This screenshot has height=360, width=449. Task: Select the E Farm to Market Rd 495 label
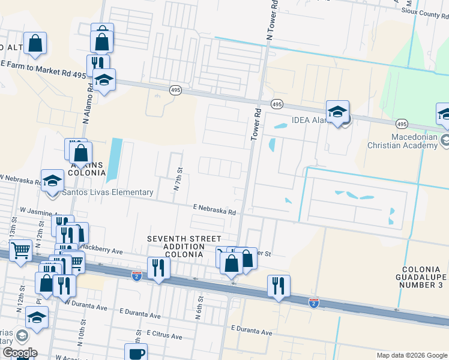(x=43, y=68)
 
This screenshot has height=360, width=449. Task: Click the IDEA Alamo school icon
(x=338, y=112)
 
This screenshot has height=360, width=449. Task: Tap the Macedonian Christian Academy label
(x=409, y=141)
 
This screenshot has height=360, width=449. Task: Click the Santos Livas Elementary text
(x=108, y=193)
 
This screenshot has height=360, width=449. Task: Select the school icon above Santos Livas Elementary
(x=52, y=181)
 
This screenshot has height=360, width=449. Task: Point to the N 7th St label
(x=177, y=180)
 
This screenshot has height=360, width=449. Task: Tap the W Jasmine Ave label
(x=39, y=211)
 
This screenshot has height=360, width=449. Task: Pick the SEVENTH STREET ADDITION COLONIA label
(x=184, y=247)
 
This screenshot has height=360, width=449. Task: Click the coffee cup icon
(x=135, y=353)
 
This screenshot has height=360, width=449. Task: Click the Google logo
(x=19, y=353)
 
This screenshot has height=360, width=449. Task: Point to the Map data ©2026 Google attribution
(x=411, y=355)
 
